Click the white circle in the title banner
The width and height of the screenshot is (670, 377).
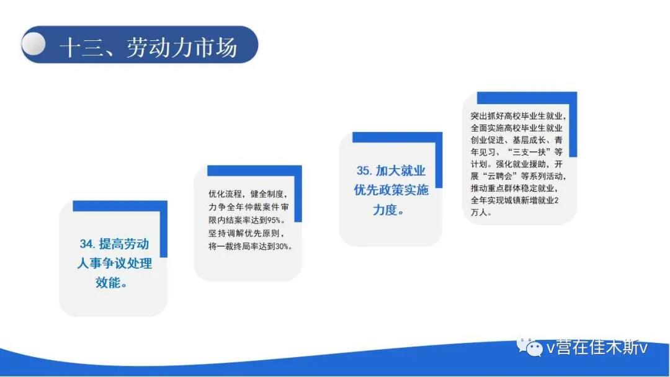click(x=33, y=43)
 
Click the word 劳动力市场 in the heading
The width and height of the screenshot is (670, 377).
click(x=182, y=47)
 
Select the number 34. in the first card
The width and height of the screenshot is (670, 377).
click(x=87, y=244)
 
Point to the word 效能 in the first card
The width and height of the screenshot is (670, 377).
click(x=107, y=282)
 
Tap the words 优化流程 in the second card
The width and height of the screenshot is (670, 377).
click(x=225, y=194)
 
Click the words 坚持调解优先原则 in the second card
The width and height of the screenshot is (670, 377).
click(x=244, y=234)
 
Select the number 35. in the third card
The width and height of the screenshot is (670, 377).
click(x=365, y=171)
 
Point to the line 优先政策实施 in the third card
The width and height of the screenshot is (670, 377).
click(x=391, y=190)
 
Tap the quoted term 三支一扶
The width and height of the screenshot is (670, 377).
click(x=529, y=152)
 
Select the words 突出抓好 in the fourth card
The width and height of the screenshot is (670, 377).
click(x=487, y=116)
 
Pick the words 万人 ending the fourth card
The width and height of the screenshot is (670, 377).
click(x=479, y=212)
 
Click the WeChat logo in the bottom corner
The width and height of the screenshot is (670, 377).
click(x=530, y=347)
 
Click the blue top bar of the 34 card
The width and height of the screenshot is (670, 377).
click(x=120, y=206)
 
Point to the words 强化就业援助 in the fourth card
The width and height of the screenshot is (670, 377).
click(x=520, y=164)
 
